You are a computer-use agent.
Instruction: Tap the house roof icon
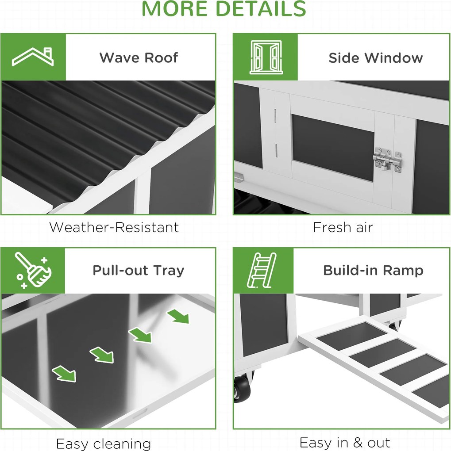coord(33,57)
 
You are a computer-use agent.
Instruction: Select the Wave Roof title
coord(139,57)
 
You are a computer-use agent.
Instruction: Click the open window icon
coord(266,57)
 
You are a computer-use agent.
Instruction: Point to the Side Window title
coord(376,58)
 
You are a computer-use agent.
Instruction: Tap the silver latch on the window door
coord(388,160)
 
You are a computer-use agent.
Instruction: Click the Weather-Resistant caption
coord(114,227)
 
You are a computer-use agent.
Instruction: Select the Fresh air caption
coord(343,227)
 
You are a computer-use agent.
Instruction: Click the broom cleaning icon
coord(33,270)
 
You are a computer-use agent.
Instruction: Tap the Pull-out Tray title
coord(138,271)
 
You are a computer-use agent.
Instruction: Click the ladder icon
coord(262,270)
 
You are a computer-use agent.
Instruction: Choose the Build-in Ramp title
coord(373,270)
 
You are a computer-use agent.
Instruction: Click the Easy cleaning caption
coord(104,444)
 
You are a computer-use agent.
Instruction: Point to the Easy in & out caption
coord(345,443)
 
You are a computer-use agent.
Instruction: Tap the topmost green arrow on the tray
coord(178,317)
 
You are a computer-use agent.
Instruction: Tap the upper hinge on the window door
coord(275,116)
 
